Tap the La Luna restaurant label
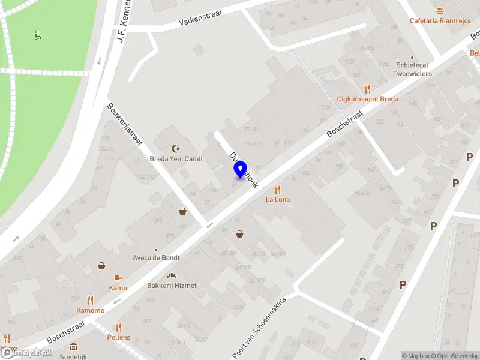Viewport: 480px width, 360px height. (x=278, y=199)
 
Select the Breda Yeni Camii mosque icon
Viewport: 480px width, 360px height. (x=176, y=148)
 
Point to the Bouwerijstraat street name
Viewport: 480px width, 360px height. (x=125, y=125)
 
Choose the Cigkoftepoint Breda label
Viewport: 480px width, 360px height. (x=367, y=99)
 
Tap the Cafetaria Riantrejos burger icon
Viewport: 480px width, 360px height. (x=440, y=11)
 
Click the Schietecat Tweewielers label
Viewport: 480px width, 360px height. (x=412, y=69)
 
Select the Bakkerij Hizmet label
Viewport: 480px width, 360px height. (x=172, y=286)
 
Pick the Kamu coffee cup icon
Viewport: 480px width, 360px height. (x=118, y=278)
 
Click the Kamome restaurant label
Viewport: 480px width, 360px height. (x=90, y=310)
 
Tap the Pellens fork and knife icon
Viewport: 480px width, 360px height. (x=118, y=327)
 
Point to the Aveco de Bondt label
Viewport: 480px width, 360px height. (x=156, y=257)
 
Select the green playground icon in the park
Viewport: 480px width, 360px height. (x=38, y=35)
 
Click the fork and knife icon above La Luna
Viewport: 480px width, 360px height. (x=278, y=190)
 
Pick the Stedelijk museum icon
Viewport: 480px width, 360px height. (x=73, y=347)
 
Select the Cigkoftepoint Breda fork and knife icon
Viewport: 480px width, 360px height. (x=367, y=89)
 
